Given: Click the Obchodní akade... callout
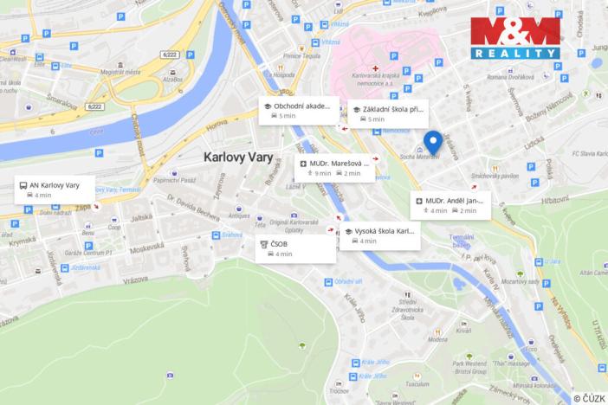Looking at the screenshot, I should pos(298,110).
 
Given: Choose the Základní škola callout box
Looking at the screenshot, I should pos(385,113).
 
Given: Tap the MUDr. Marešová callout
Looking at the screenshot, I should pos(334,167).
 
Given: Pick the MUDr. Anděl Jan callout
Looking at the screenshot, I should pos(451,205).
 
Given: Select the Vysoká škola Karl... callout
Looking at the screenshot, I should pos(379,235).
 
